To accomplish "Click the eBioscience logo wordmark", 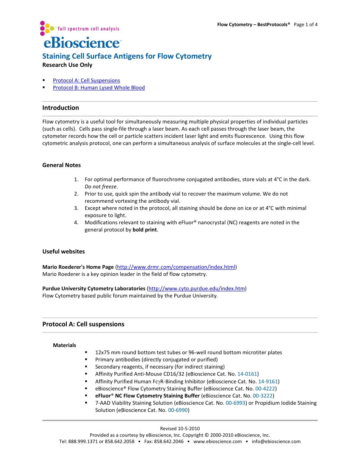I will pos(82,42).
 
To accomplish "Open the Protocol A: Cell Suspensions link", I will pos(86,80).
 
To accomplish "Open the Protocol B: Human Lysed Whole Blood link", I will pos(99,88).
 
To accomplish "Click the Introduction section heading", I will pos(61,108).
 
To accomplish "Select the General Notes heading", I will pos(61,165).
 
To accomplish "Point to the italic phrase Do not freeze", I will pos(101,186).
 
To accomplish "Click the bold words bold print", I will pos(144,230).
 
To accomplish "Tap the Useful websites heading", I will pos(63,252).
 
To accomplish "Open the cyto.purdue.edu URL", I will pos(197,289).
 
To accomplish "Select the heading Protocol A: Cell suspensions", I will pos(83,324).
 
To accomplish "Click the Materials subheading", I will pos(64,345).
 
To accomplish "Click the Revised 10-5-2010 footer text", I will pos(180,428).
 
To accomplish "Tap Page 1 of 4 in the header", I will pos(305,25).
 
